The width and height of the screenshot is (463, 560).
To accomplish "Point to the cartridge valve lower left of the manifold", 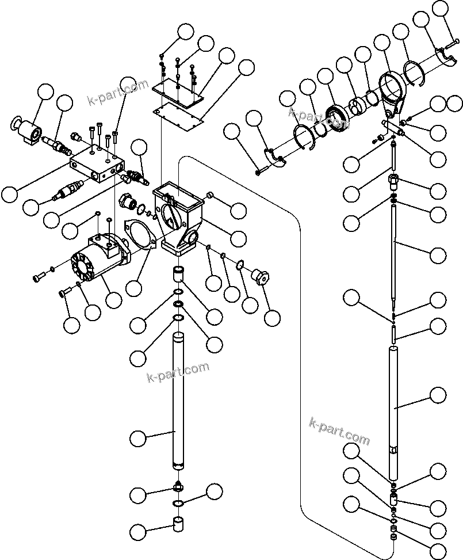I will click(67, 189).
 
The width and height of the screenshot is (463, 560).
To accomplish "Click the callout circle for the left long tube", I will click(137, 439).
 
